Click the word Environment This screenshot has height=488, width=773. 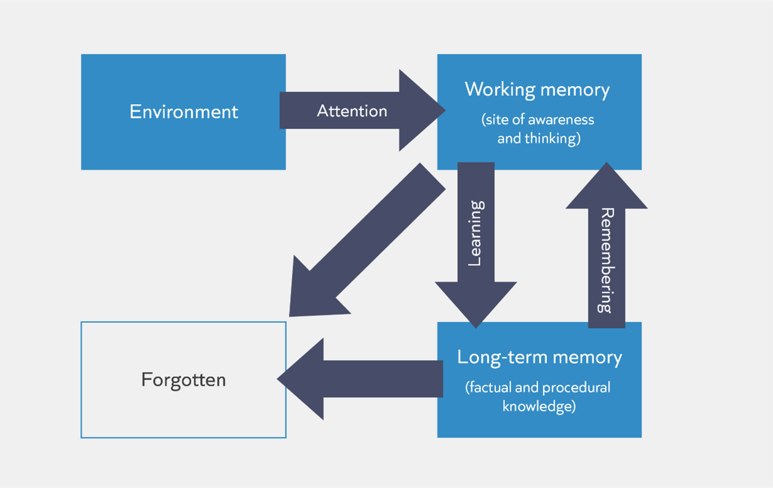tap(183, 112)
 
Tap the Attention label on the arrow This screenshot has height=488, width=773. tap(352, 111)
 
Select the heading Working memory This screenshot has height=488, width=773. tap(537, 90)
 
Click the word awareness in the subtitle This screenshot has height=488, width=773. tap(561, 120)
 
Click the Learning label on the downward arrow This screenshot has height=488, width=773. tap(476, 233)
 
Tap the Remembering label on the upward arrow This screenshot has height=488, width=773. tap(606, 261)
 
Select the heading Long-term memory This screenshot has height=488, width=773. tap(540, 357)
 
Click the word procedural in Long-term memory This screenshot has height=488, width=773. tap(576, 388)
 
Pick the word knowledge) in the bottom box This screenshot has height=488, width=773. tap(539, 406)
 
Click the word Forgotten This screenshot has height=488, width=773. tap(183, 380)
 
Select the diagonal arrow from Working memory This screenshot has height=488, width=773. tap(367, 240)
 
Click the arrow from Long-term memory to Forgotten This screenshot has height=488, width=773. tap(360, 379)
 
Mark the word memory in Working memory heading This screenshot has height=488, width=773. tap(575, 91)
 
